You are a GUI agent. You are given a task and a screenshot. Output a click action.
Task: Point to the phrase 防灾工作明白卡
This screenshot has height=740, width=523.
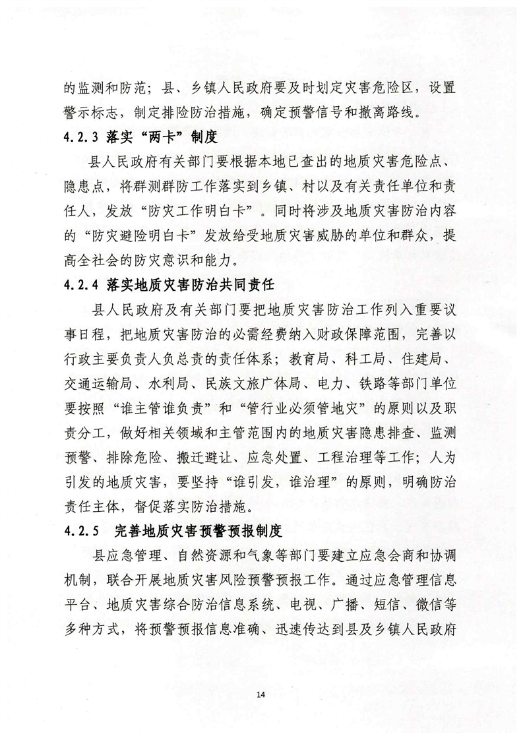coord(181,212)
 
